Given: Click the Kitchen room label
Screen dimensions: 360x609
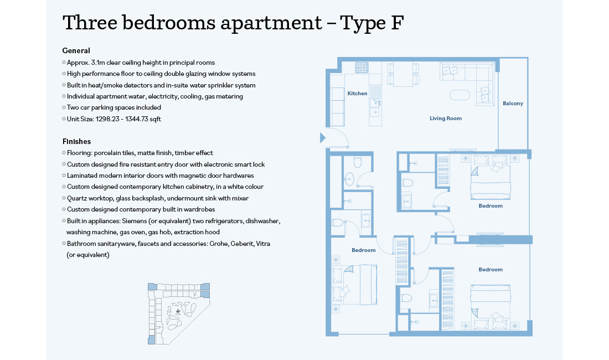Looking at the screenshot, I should pos(357,94).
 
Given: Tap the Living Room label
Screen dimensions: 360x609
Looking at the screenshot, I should pos(445,119).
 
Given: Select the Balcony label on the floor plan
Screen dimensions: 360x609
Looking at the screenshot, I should pos(513,104).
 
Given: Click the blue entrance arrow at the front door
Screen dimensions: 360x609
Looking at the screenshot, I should pos(323,138).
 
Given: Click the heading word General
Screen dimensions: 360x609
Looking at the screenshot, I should pos(76,50).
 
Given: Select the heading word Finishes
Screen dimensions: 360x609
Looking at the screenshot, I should pos(76,141).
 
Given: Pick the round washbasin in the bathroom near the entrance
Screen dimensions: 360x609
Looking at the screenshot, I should pos(349,178).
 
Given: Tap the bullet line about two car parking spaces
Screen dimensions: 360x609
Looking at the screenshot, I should pos(113,107).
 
